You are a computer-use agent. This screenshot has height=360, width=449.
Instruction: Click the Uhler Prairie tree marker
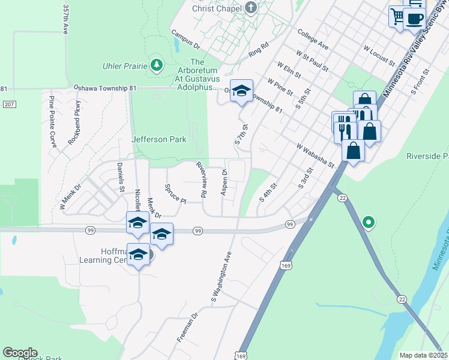pos(157,65)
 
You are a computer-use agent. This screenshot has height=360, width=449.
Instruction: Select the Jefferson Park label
pos(159,139)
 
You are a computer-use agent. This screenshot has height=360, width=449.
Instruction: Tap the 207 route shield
pos(8,104)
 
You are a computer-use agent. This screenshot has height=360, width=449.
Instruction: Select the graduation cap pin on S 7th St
pos(241,91)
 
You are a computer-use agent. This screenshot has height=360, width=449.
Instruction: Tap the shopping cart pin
pos(397,16)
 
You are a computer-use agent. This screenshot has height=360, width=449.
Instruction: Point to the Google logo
pos(20,353)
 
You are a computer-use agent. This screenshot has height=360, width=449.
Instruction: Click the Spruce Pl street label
pos(175,193)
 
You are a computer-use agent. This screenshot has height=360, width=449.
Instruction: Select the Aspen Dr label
pos(224,181)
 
